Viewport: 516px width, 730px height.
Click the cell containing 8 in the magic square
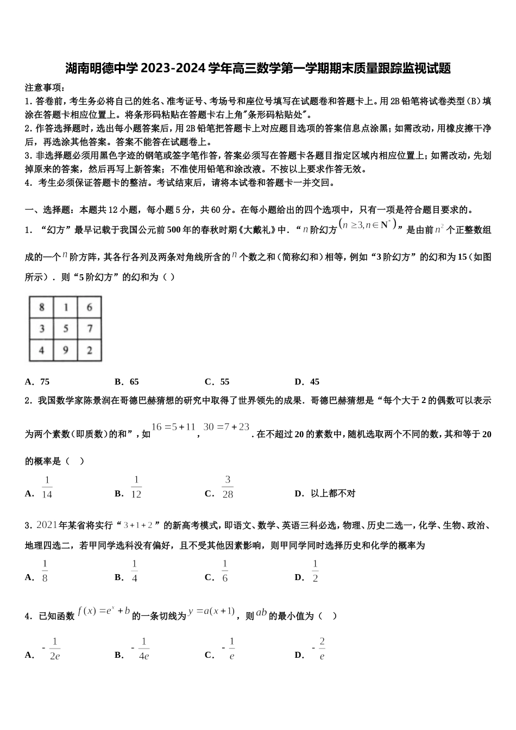[42, 307]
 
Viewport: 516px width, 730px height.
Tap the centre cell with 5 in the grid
[66, 329]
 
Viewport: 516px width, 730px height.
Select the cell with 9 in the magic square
[66, 350]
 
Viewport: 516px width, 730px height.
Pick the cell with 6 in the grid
[90, 307]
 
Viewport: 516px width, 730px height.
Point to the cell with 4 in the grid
[42, 350]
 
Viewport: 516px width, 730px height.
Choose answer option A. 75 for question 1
[37, 382]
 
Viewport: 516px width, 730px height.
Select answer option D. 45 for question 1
[307, 382]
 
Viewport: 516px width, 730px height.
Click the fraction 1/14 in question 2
[47, 487]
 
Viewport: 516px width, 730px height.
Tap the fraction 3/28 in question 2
[228, 487]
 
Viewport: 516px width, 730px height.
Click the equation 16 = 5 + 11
[173, 427]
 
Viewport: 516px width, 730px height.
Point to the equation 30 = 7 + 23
[226, 427]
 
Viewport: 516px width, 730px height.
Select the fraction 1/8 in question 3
[45, 571]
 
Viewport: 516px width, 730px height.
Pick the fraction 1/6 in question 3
[225, 571]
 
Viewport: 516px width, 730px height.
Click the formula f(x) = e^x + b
[104, 611]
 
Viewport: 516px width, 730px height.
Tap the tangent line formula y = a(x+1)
[211, 611]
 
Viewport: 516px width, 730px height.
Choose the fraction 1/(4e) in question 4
[143, 649]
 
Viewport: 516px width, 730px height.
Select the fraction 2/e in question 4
[322, 649]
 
